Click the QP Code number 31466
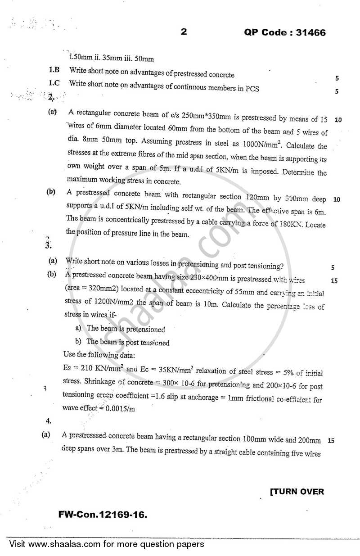(310, 33)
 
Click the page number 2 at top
(183, 32)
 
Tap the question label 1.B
(54, 70)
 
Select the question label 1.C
(54, 83)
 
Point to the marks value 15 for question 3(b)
(334, 281)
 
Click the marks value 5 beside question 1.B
(337, 78)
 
